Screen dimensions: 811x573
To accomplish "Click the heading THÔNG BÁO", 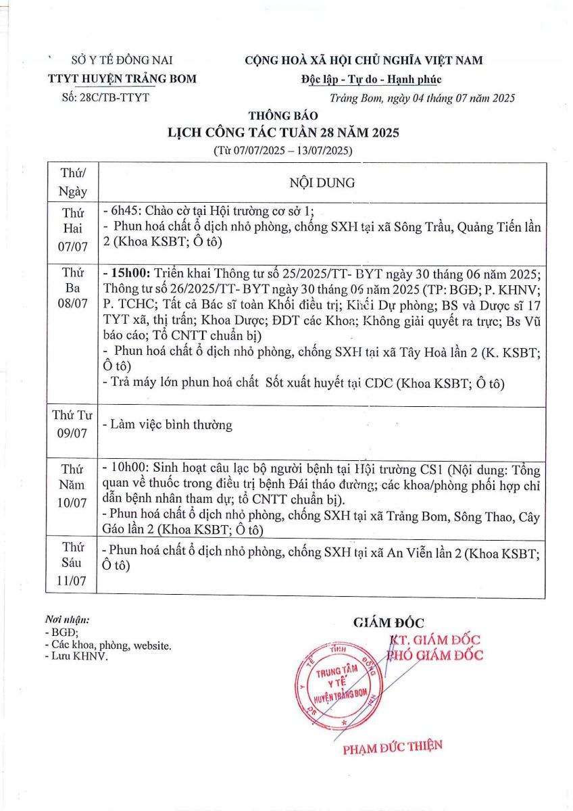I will pyautogui.click(x=282, y=116).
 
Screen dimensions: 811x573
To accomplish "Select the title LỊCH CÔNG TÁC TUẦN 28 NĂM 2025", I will pyautogui.click(x=283, y=132).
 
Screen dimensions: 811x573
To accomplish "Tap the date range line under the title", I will pyautogui.click(x=283, y=149).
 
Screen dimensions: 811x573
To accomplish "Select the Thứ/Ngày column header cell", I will pyautogui.click(x=72, y=182).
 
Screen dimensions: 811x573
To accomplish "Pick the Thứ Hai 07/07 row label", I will pyautogui.click(x=72, y=228).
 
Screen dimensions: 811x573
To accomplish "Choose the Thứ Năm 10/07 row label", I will pyautogui.click(x=72, y=485).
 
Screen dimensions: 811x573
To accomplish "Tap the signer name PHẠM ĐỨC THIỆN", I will pyautogui.click(x=392, y=747).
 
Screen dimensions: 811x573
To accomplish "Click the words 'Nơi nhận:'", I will pyautogui.click(x=67, y=619).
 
